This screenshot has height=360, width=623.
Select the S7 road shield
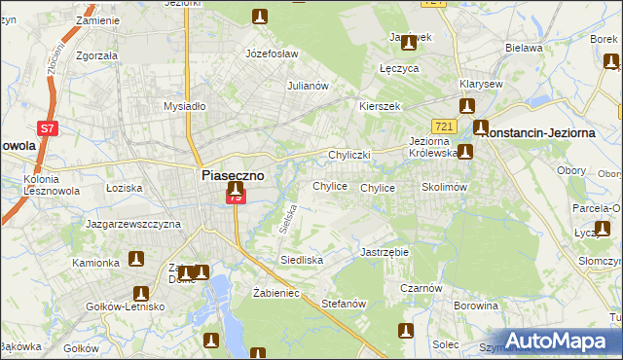[x=46, y=127]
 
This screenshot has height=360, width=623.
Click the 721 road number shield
[x=445, y=126]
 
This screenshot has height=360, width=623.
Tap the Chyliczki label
[x=350, y=155]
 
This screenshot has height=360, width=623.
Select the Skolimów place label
[x=446, y=187]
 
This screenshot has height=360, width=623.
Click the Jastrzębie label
[x=385, y=251]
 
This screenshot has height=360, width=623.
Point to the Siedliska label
[x=302, y=261]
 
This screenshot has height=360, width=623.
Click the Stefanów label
[x=343, y=304]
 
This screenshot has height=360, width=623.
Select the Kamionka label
[x=95, y=263]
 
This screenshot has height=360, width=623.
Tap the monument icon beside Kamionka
[x=136, y=259]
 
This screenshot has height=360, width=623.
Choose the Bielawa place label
[x=523, y=47]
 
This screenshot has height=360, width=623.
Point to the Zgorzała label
[x=96, y=55]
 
